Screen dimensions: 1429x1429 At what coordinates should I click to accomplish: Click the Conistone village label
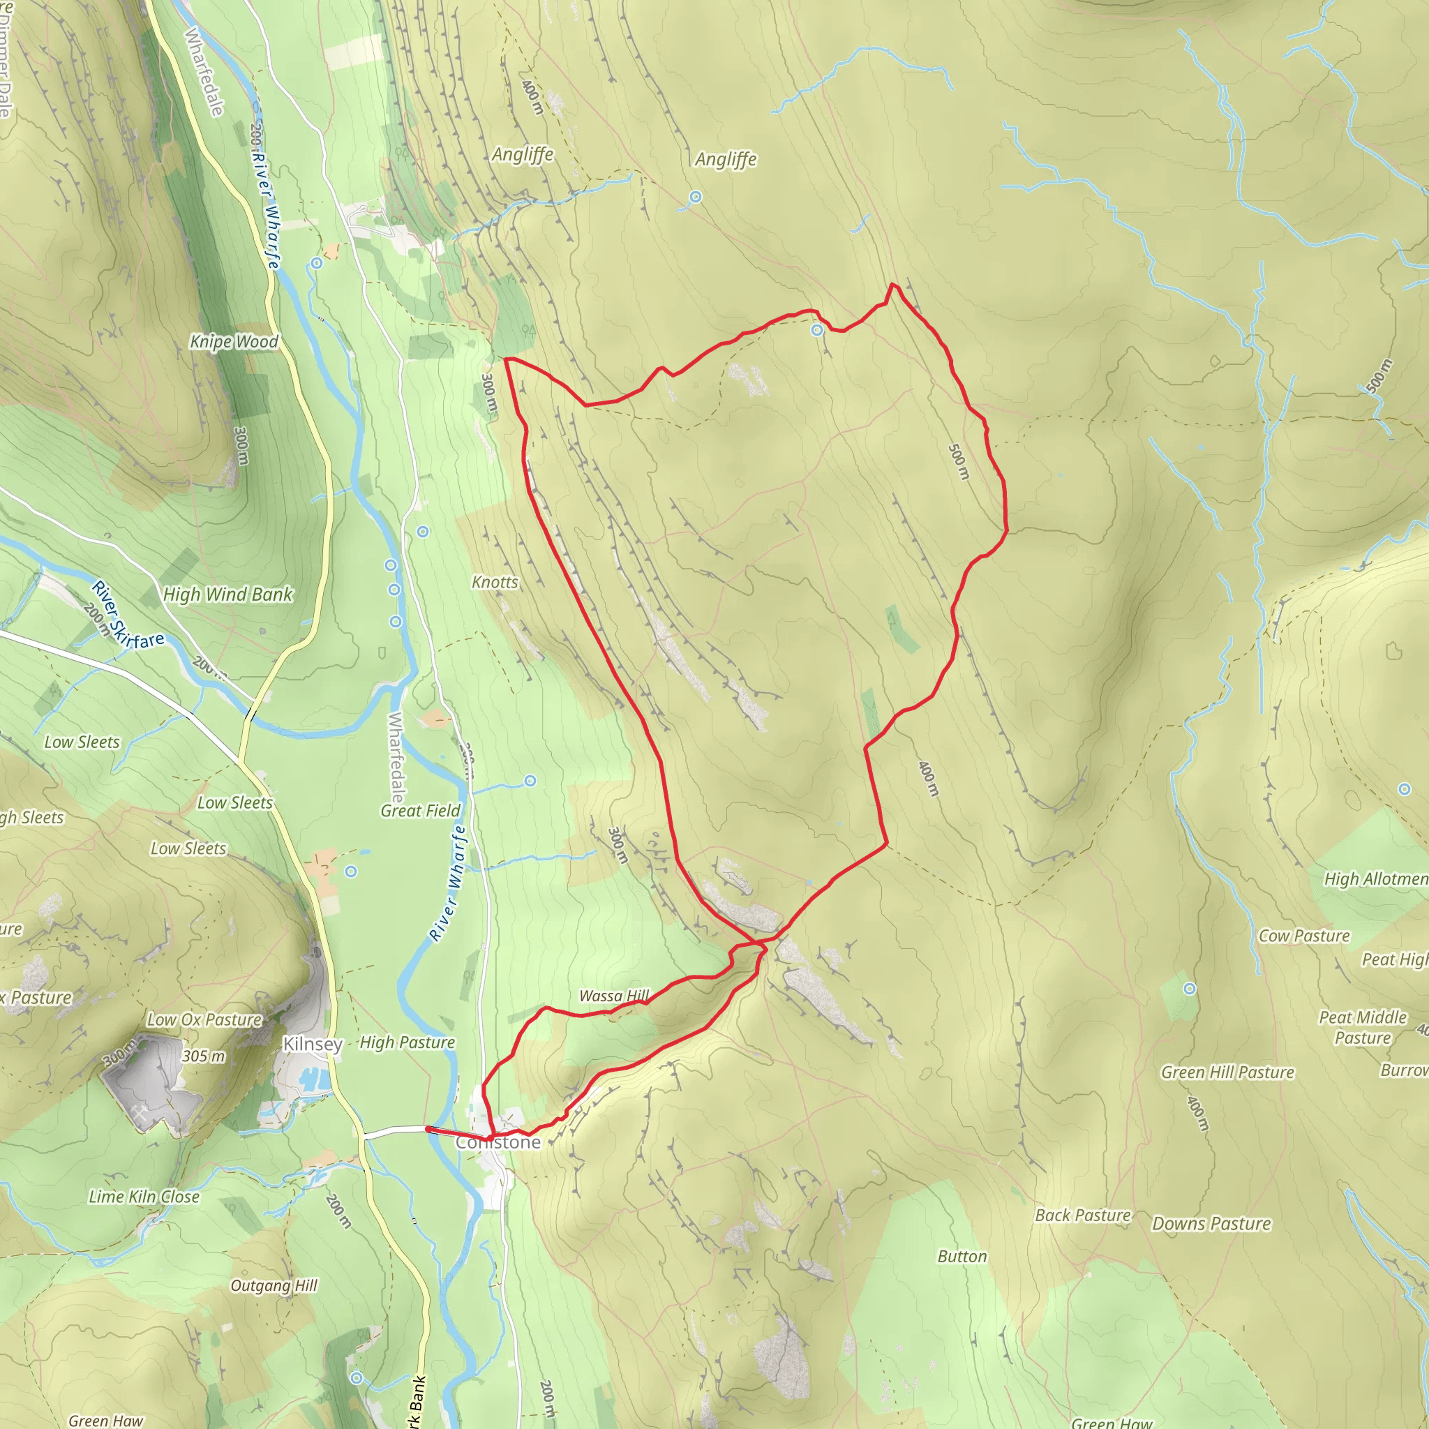tap(497, 1143)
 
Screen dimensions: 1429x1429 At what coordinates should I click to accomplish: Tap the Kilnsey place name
tap(313, 1045)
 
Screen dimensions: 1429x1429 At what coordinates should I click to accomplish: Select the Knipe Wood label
tap(234, 342)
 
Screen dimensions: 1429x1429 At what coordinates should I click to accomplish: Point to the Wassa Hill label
tap(614, 996)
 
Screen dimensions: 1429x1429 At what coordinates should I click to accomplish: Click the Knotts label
tap(495, 582)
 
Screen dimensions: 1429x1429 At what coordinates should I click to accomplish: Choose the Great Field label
tap(420, 811)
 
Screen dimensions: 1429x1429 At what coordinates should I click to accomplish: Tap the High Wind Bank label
tap(227, 594)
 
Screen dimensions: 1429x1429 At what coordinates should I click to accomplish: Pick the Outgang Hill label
tap(274, 1285)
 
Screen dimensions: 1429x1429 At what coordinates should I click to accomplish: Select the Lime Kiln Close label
tap(144, 1197)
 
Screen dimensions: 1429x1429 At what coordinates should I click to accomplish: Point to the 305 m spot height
tap(204, 1056)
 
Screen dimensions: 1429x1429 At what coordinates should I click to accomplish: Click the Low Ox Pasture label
tap(204, 1020)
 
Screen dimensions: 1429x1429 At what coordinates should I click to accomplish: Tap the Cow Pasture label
tap(1304, 936)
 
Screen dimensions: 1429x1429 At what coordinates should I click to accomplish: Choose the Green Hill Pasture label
tap(1228, 1072)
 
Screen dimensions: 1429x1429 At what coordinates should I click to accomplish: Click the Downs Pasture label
tap(1211, 1224)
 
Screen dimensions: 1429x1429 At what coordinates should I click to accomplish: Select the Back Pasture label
tap(1083, 1215)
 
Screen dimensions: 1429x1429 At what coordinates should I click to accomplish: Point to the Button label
tap(962, 1257)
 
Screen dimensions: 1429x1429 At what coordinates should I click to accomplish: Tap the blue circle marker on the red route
tap(816, 330)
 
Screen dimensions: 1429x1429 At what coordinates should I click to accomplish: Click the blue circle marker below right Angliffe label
tap(695, 197)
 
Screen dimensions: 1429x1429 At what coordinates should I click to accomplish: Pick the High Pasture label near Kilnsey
tap(407, 1043)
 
